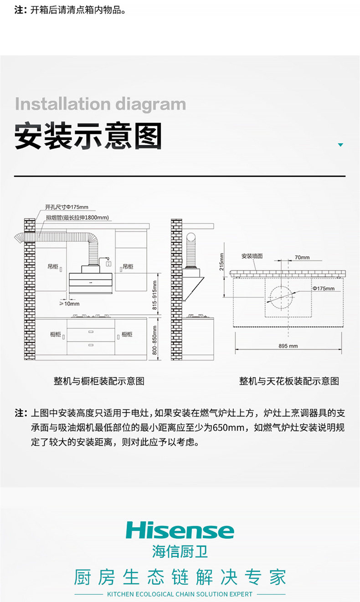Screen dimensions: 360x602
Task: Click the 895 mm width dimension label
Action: (x=288, y=346)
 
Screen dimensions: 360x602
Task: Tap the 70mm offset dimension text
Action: (x=302, y=257)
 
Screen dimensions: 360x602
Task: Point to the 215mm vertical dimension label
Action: (x=222, y=262)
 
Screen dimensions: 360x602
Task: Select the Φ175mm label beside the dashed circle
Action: (x=323, y=288)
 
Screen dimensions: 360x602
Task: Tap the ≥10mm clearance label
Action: (x=69, y=303)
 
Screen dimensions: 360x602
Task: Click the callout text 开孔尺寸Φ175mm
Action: (x=67, y=207)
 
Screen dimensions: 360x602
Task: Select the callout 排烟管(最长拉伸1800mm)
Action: (x=77, y=217)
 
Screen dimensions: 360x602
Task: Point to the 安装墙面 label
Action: (x=252, y=256)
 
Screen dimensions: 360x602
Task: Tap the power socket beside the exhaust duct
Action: (x=109, y=263)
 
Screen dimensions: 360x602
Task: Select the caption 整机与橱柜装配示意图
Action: (x=99, y=381)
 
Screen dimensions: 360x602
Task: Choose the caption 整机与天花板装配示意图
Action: (x=289, y=381)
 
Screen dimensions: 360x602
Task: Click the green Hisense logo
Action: (x=180, y=530)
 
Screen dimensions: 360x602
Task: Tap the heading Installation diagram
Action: (x=100, y=104)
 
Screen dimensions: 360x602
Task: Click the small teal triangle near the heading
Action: (x=340, y=145)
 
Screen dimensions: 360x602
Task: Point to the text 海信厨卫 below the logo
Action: (x=180, y=552)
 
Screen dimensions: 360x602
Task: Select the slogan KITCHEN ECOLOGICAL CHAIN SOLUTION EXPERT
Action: (x=180, y=594)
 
